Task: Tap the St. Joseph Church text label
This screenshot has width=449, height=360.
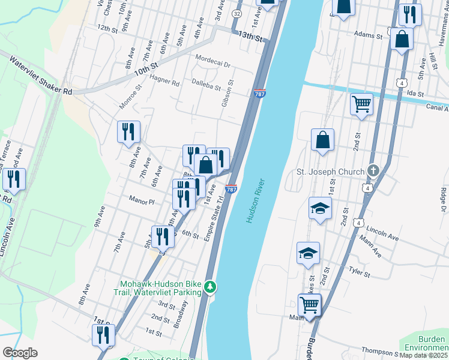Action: coord(331,172)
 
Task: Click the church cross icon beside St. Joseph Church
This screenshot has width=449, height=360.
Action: coord(374,172)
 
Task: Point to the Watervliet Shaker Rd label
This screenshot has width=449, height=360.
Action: coord(41,75)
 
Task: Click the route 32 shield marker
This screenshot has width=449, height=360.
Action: coord(237,13)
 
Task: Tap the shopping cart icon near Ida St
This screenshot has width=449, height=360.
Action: coord(362,103)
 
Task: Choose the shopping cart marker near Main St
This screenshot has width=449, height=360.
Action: coord(309,304)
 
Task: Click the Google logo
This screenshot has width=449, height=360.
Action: coord(20,352)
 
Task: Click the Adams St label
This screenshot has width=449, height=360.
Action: coord(369,36)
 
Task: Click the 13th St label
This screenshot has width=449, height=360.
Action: coord(250,36)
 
